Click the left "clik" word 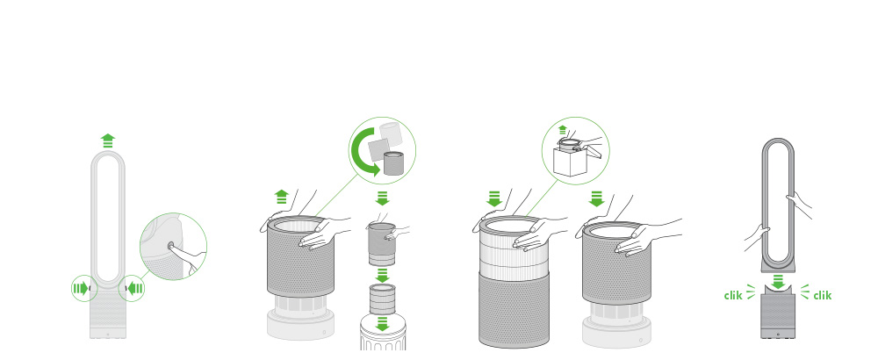coord(733,295)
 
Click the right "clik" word coord(823,295)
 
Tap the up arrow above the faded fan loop coord(108,140)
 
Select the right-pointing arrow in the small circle coord(81,289)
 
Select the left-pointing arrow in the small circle coord(135,289)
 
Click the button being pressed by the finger coord(169,245)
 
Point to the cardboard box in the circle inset coord(570,162)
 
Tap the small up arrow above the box coord(562,129)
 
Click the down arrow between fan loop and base coord(778,282)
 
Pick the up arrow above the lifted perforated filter coord(281,197)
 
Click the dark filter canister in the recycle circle coord(392,163)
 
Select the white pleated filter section coord(514,247)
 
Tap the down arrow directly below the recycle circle coord(383,198)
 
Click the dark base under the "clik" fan coord(778,316)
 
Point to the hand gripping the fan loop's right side coord(800,205)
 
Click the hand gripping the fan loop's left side coord(757,237)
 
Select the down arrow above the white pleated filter coord(493,198)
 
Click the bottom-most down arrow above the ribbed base coord(383,324)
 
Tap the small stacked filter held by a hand coord(382,243)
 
